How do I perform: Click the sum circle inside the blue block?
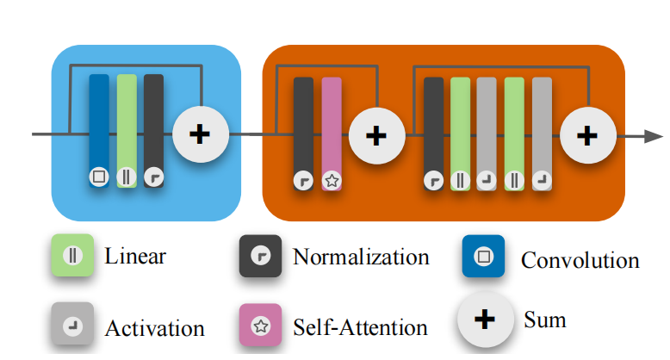click(x=200, y=134)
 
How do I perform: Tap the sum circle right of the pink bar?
click(x=375, y=135)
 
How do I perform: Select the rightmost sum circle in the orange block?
click(x=587, y=135)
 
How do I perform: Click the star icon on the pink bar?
click(x=332, y=181)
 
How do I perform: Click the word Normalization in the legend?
click(x=361, y=257)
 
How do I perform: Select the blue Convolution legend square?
click(x=483, y=257)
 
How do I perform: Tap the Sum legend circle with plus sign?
click(x=486, y=320)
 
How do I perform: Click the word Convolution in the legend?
click(x=580, y=260)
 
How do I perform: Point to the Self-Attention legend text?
click(x=360, y=327)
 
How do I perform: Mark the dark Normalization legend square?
click(x=260, y=257)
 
